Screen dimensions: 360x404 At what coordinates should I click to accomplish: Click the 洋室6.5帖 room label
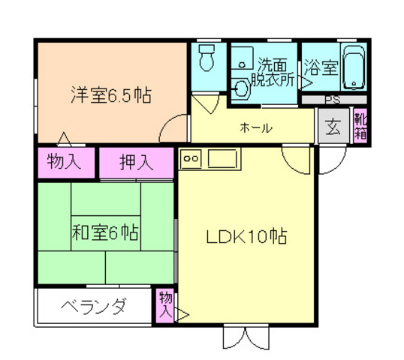[x=110, y=96]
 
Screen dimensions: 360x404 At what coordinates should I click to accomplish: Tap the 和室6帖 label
[x=105, y=232]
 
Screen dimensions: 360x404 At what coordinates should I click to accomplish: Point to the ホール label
[x=256, y=128]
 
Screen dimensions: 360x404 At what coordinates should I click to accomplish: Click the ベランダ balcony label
[x=93, y=307]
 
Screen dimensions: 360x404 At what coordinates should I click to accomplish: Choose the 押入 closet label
[x=137, y=161]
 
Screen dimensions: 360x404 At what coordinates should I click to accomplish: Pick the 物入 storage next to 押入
[x=65, y=161]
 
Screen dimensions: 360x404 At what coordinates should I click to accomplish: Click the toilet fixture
[x=207, y=58]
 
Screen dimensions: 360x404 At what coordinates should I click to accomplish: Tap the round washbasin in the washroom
[x=241, y=88]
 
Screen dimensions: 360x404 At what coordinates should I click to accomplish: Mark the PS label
[x=332, y=100]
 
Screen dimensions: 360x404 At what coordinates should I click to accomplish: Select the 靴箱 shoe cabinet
[x=360, y=126]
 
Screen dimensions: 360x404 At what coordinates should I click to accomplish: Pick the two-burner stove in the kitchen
[x=190, y=159]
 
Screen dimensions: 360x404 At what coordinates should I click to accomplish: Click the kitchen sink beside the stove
[x=222, y=159]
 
